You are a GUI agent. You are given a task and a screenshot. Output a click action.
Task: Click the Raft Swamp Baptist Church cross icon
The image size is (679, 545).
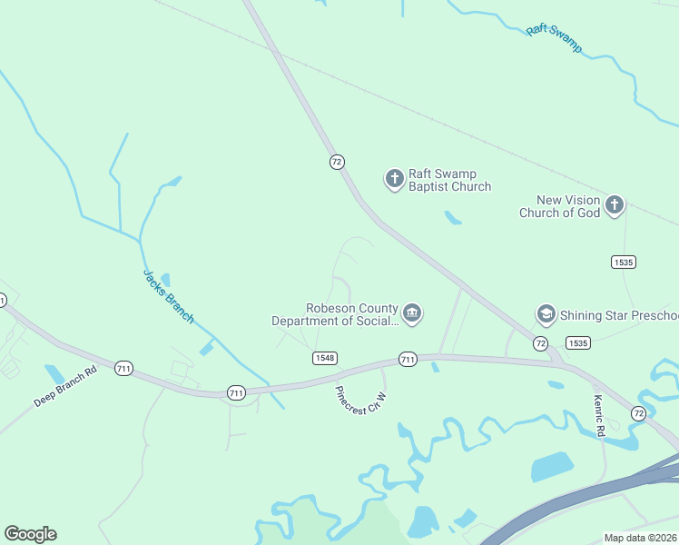(x=394, y=178)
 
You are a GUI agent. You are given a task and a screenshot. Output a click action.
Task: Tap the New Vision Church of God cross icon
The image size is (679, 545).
(x=615, y=204)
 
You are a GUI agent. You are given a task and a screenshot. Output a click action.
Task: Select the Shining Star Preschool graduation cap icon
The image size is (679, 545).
(x=546, y=314)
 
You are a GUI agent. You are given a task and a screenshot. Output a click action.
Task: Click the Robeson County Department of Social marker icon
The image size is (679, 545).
(x=411, y=313)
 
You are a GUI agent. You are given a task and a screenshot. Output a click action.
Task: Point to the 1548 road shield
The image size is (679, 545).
(x=325, y=358)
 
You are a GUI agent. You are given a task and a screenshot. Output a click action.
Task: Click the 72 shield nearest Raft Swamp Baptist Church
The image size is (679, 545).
(x=337, y=162)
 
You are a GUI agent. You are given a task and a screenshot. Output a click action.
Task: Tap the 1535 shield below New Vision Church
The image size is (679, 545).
(x=624, y=262)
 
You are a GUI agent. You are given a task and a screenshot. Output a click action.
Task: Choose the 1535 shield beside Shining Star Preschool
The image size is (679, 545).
(x=577, y=342)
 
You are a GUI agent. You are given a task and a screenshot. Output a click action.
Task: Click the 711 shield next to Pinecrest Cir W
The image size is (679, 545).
(x=408, y=360)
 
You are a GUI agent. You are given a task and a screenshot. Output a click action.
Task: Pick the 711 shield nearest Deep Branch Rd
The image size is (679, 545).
(x=123, y=368)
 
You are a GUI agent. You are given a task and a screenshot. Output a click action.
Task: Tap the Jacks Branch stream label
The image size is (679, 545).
(x=168, y=295)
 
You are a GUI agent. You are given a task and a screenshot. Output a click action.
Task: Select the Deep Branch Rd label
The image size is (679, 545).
(x=65, y=387)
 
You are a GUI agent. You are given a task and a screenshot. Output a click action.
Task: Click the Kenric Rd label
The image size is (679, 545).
(x=598, y=415)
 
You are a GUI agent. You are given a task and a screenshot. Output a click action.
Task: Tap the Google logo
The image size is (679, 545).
(x=30, y=534)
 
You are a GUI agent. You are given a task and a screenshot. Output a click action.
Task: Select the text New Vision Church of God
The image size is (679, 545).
(x=559, y=206)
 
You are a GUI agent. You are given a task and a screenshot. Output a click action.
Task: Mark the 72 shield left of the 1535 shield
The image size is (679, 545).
(x=540, y=342)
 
